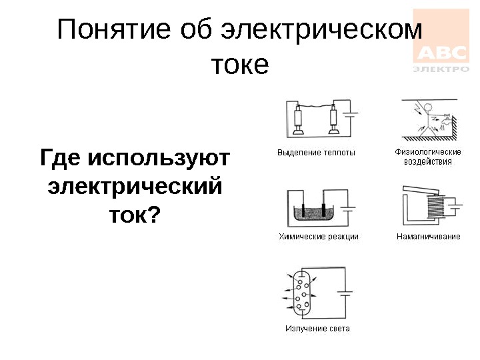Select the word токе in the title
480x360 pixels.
coord(240,65)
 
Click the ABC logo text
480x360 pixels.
coord(442,53)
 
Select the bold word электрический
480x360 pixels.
coord(135,186)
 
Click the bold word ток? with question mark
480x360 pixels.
coord(135,214)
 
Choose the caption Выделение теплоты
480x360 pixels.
coord(316,153)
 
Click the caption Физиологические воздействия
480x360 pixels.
coord(427,157)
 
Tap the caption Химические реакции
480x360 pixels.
coord(318,237)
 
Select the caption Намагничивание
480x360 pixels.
coord(428,237)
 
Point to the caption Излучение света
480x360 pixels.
coord(317,329)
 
